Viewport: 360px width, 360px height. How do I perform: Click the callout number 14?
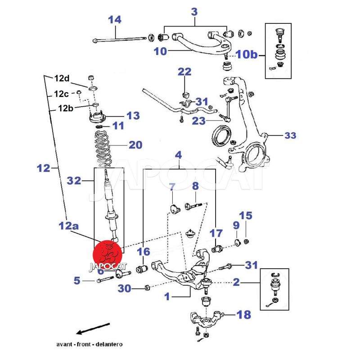pyautogui.click(x=115, y=20)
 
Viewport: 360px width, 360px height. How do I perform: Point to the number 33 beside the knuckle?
pyautogui.click(x=290, y=135)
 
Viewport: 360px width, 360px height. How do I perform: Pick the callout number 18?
pyautogui.click(x=243, y=315)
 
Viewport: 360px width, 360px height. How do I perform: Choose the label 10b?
pyautogui.click(x=247, y=54)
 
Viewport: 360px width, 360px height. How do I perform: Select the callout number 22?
pyautogui.click(x=184, y=72)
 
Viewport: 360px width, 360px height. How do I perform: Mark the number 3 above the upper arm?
pyautogui.click(x=194, y=12)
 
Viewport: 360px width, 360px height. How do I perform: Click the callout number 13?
pyautogui.click(x=133, y=116)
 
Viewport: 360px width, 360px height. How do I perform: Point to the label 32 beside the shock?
pyautogui.click(x=74, y=181)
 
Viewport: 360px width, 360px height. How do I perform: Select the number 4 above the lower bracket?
pyautogui.click(x=178, y=156)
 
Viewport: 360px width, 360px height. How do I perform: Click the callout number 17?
pyautogui.click(x=216, y=233)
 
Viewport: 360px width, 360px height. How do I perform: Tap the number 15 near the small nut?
pyautogui.click(x=246, y=216)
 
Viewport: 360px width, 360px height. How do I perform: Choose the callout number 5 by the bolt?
pyautogui.click(x=77, y=281)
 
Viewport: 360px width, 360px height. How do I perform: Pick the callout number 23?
pyautogui.click(x=199, y=120)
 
